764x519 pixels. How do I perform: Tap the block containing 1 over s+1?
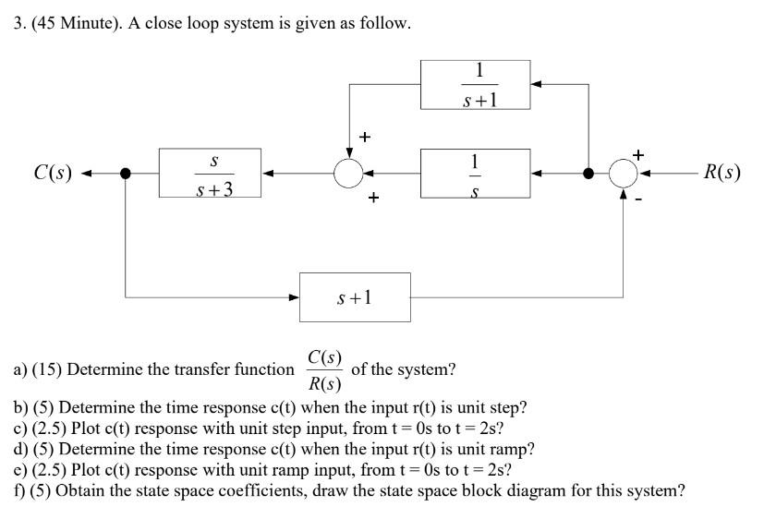(x=475, y=85)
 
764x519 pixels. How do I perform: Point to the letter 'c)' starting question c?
(x=20, y=429)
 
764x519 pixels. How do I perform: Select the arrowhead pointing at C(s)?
(x=88, y=174)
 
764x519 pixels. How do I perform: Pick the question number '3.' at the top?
(x=19, y=23)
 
